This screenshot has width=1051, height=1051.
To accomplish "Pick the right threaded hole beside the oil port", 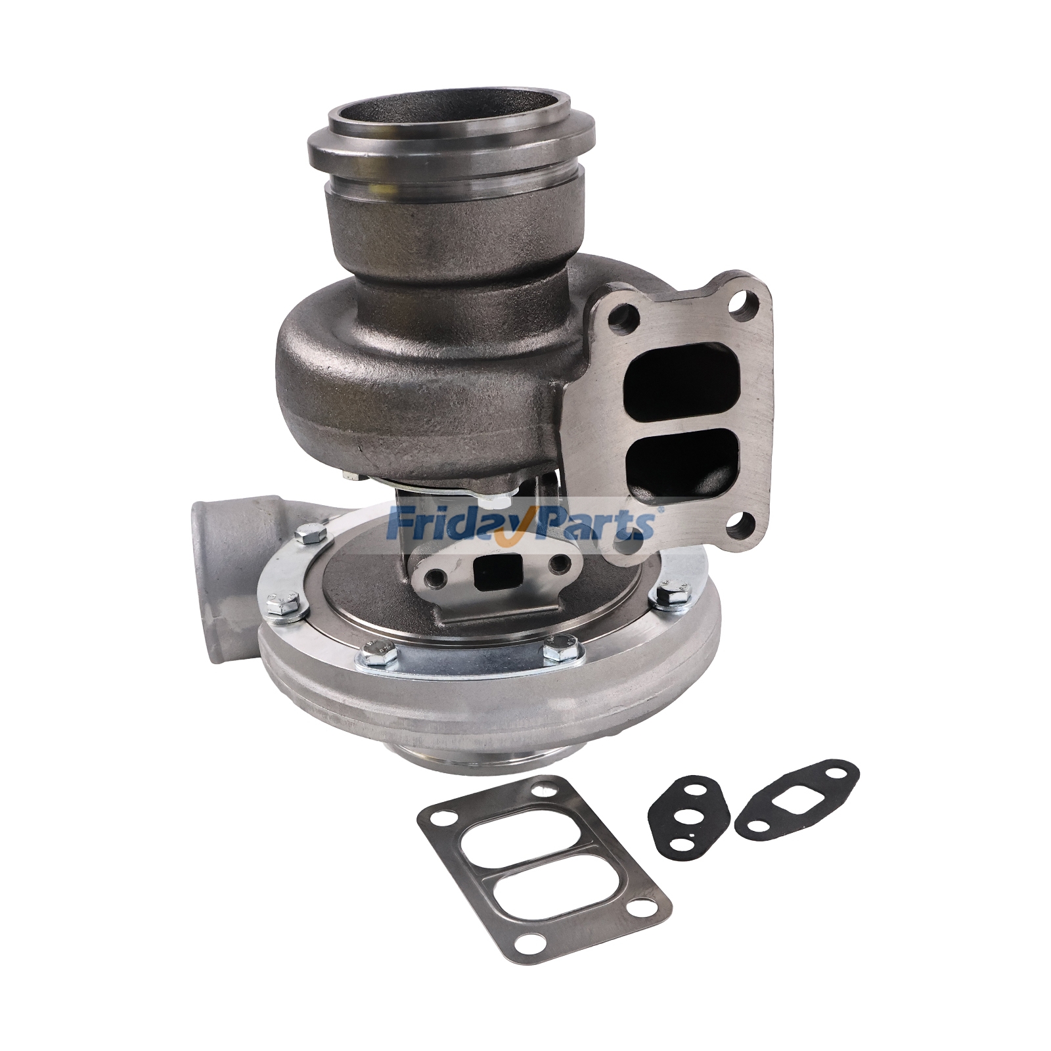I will point(560,563).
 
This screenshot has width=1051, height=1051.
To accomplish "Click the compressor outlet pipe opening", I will point(208,556).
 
